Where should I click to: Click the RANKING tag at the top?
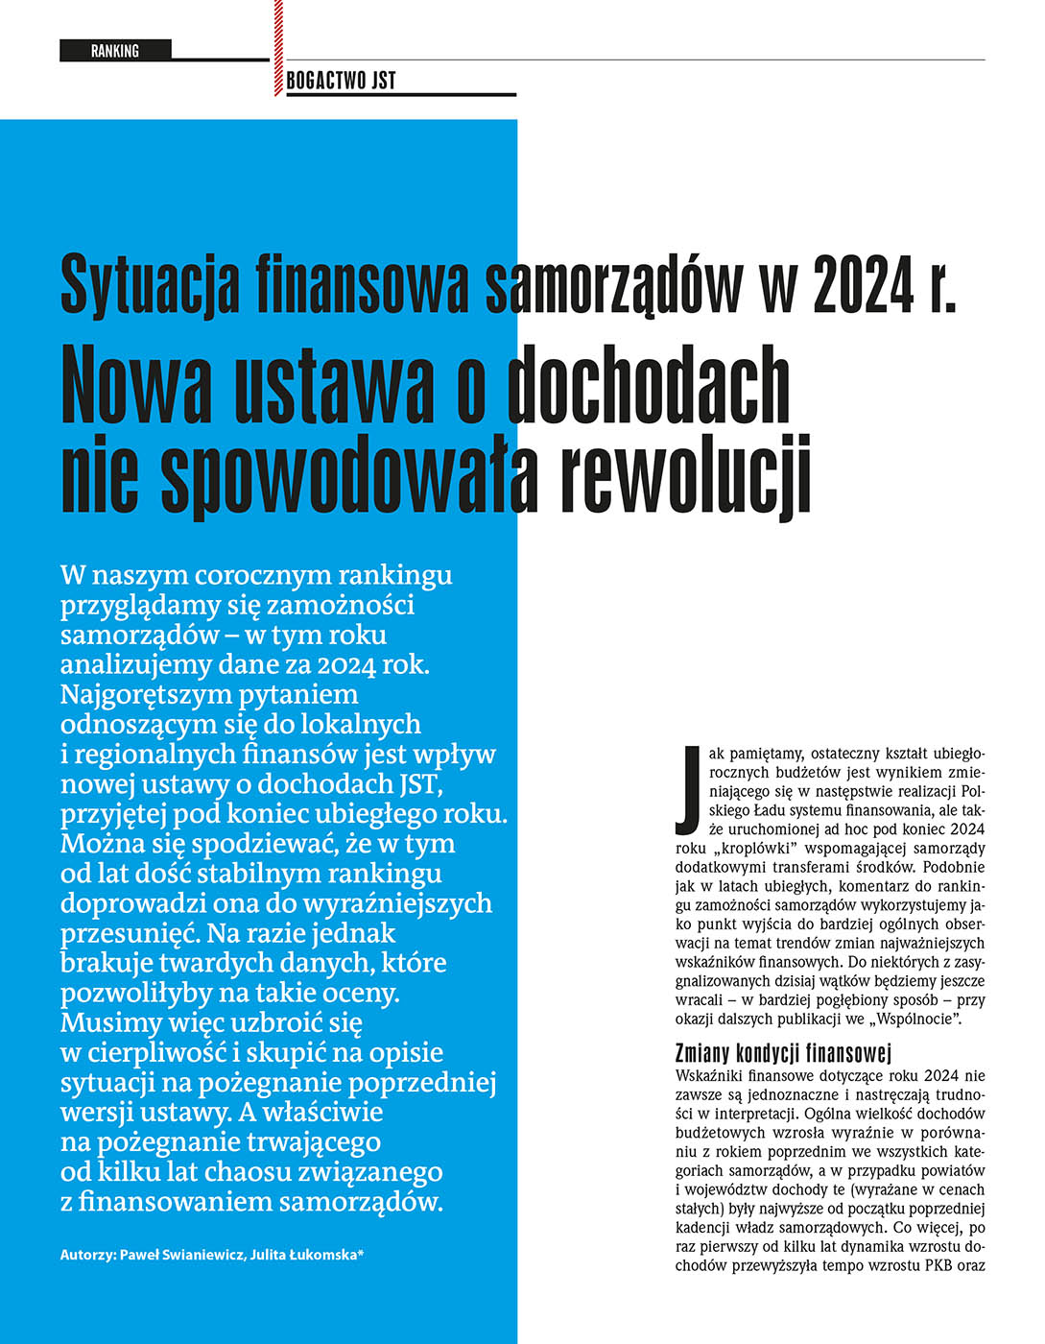(115, 51)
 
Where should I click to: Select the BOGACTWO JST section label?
(341, 81)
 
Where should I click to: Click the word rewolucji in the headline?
(685, 474)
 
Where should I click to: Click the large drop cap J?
(687, 789)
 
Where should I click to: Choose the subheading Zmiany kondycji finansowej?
(783, 1052)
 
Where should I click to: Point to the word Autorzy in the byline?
(87, 1255)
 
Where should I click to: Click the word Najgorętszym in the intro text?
(146, 695)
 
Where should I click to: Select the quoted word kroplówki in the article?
(755, 849)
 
